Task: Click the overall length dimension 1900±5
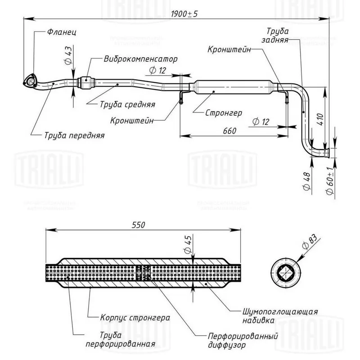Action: point(184,13)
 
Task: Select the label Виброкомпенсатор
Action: point(140,59)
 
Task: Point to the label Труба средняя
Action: point(127,104)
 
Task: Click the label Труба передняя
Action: point(74,135)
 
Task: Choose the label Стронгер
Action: point(224,112)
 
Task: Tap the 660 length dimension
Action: point(229,130)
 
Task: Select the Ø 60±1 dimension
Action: point(329,180)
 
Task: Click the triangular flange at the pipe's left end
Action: point(30,82)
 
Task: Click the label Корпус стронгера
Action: point(135,317)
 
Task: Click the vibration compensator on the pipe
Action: point(87,83)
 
